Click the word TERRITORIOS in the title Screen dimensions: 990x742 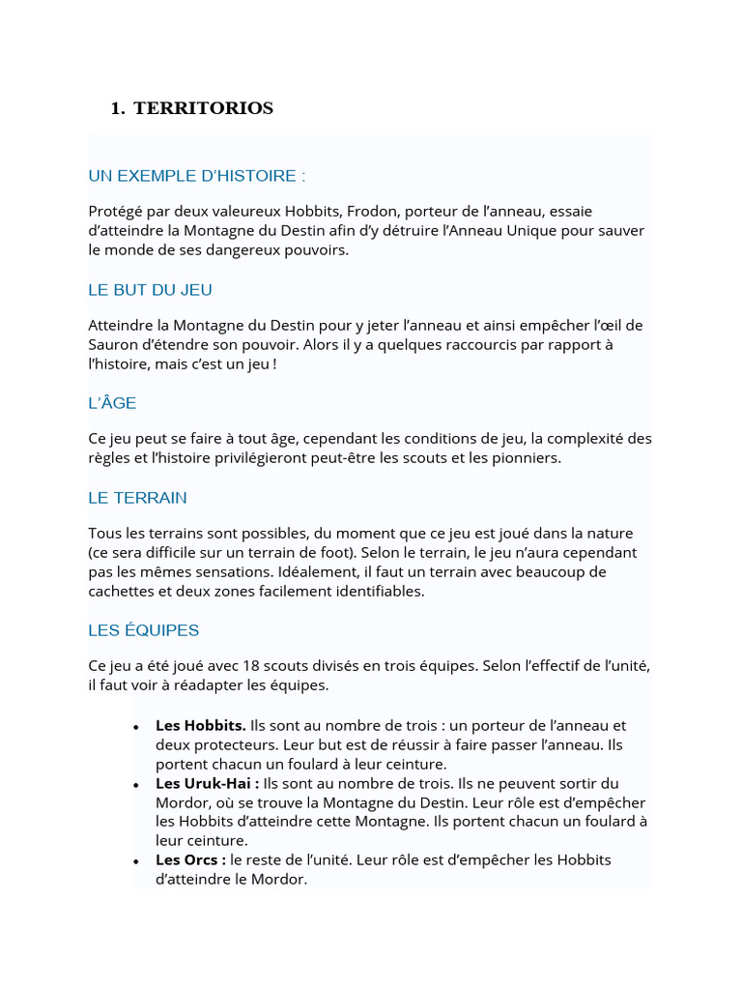tap(203, 108)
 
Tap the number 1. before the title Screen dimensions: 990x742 tap(118, 108)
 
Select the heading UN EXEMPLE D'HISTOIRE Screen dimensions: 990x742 tap(197, 176)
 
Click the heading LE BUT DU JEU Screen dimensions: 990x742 tap(150, 290)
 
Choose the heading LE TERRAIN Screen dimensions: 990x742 tap(137, 498)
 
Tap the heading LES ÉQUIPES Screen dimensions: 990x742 tap(143, 630)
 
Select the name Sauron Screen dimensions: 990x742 tap(113, 345)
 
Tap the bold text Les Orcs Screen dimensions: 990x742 tap(190, 859)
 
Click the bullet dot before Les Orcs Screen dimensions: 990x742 tap(137, 861)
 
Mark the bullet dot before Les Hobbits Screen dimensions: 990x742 tap(137, 727)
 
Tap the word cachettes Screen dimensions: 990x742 tap(121, 591)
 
